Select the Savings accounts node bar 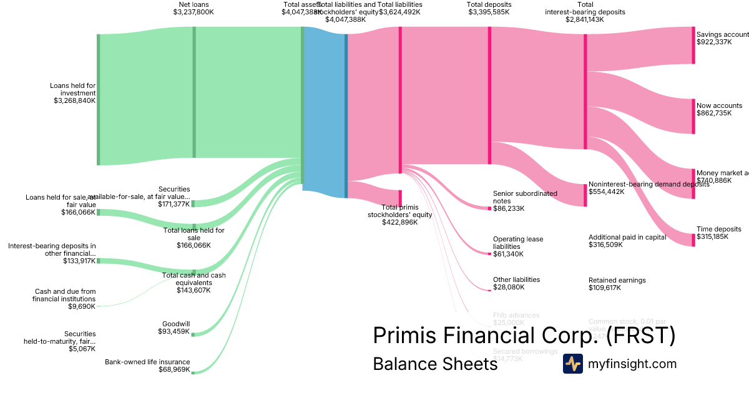(693, 45)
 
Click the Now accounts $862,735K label (719, 109)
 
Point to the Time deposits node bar (693, 240)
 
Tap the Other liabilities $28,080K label (516, 283)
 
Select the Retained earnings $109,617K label (617, 284)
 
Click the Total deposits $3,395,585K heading (489, 8)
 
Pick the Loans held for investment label (73, 93)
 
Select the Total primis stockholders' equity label (399, 214)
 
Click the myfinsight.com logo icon (572, 364)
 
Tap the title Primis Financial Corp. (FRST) (524, 336)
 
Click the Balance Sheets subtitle (435, 364)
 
